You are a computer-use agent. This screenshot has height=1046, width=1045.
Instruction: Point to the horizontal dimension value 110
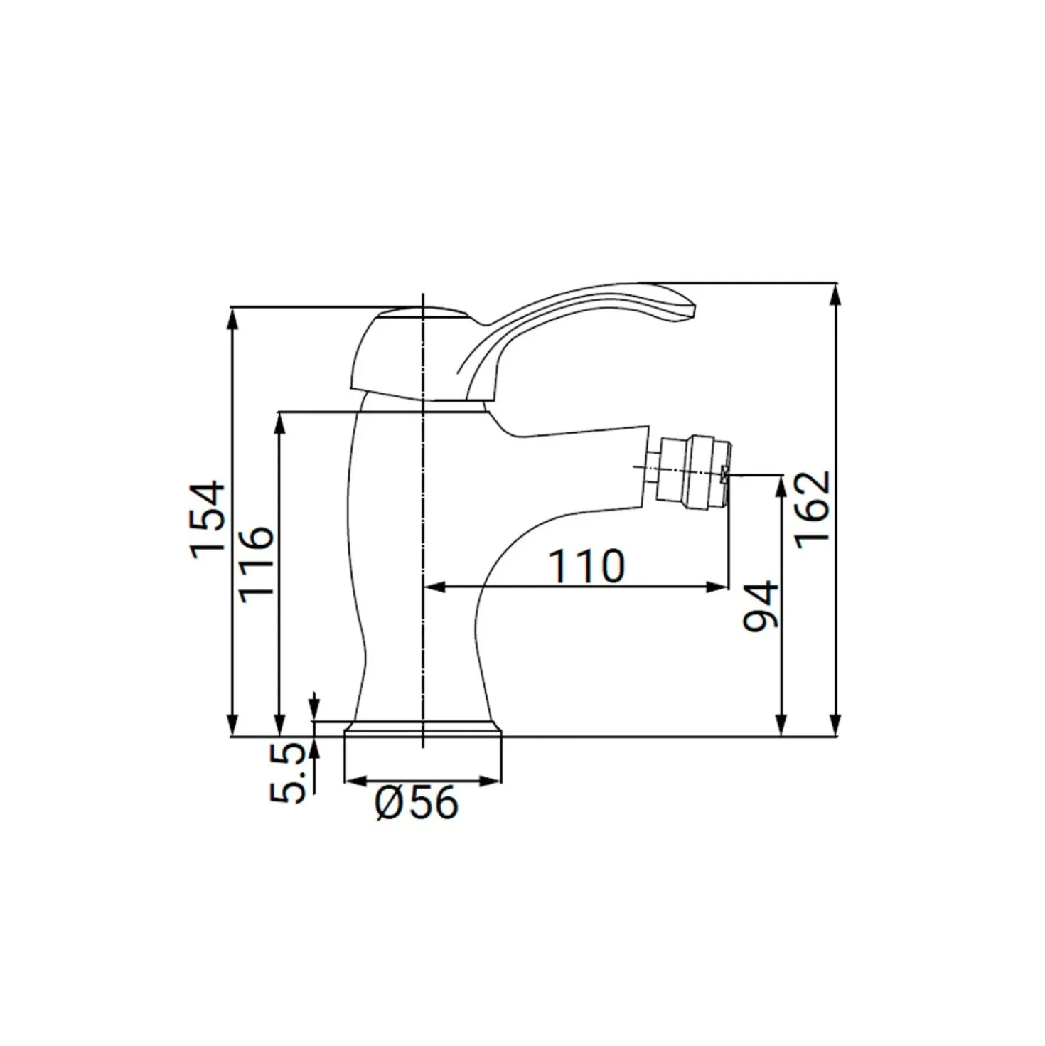(586, 566)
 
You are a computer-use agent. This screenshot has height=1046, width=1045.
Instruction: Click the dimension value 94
(760, 606)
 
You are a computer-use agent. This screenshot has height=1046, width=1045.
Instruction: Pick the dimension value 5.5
(288, 773)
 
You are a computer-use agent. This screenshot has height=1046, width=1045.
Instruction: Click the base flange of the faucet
(422, 729)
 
